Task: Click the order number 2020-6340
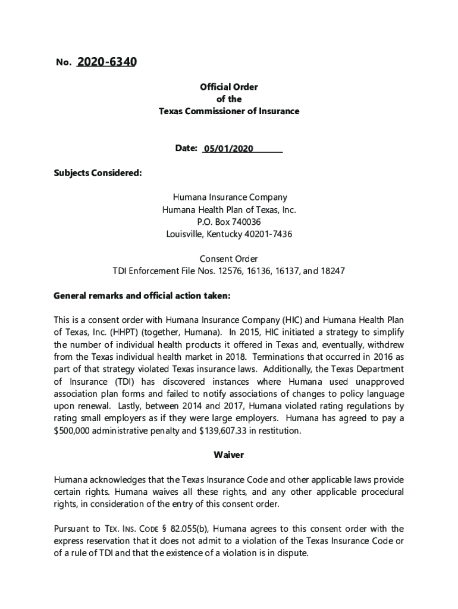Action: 106,62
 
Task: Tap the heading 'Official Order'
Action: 229,87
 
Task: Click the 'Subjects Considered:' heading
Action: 98,173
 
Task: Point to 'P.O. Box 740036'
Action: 229,222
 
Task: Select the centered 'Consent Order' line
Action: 229,259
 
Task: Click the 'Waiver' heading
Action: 229,455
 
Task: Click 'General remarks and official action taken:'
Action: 142,296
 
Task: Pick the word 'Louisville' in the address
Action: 185,234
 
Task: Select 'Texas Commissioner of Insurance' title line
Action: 229,111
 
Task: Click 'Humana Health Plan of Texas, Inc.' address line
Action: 229,209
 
